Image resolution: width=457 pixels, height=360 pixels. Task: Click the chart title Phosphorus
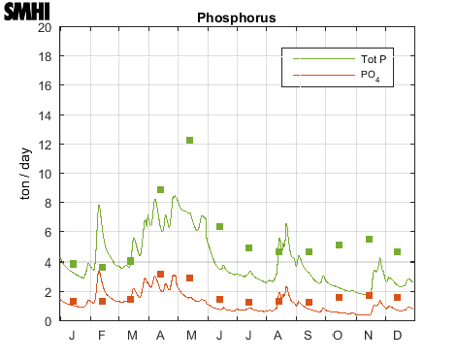[x=236, y=17]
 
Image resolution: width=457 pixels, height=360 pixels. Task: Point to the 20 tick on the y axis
[x=45, y=27]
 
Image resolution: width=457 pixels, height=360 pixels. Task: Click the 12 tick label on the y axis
[x=45, y=145]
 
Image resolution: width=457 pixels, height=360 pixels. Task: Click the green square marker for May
[x=190, y=141]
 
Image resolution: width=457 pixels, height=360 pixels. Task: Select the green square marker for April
[x=160, y=190]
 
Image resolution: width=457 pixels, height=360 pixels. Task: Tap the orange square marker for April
[x=160, y=275]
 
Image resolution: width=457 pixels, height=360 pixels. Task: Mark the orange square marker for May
[x=190, y=278]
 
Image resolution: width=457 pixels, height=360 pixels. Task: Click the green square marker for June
[x=220, y=227]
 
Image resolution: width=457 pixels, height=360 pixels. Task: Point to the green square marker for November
[x=369, y=240]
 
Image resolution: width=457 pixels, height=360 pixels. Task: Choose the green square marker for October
[x=339, y=245]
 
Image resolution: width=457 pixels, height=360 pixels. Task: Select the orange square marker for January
[x=73, y=302]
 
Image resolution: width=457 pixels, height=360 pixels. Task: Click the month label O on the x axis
[x=339, y=335]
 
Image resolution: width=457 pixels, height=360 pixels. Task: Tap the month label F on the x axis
[x=102, y=335]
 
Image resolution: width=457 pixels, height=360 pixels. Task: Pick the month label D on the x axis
[x=398, y=335]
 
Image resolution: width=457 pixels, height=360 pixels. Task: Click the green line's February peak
[x=99, y=206]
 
